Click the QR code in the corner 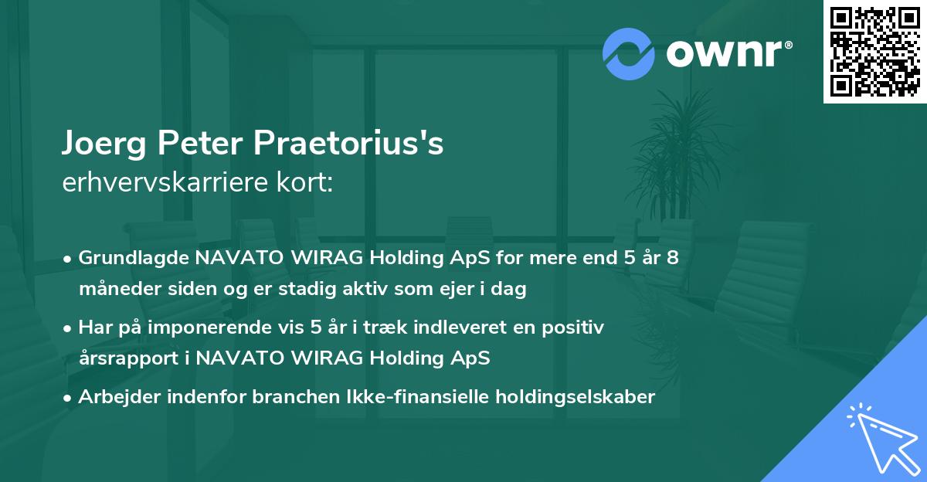click(x=874, y=52)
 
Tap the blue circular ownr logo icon click(x=629, y=53)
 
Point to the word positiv click(x=575, y=328)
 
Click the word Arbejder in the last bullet click(x=114, y=397)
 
